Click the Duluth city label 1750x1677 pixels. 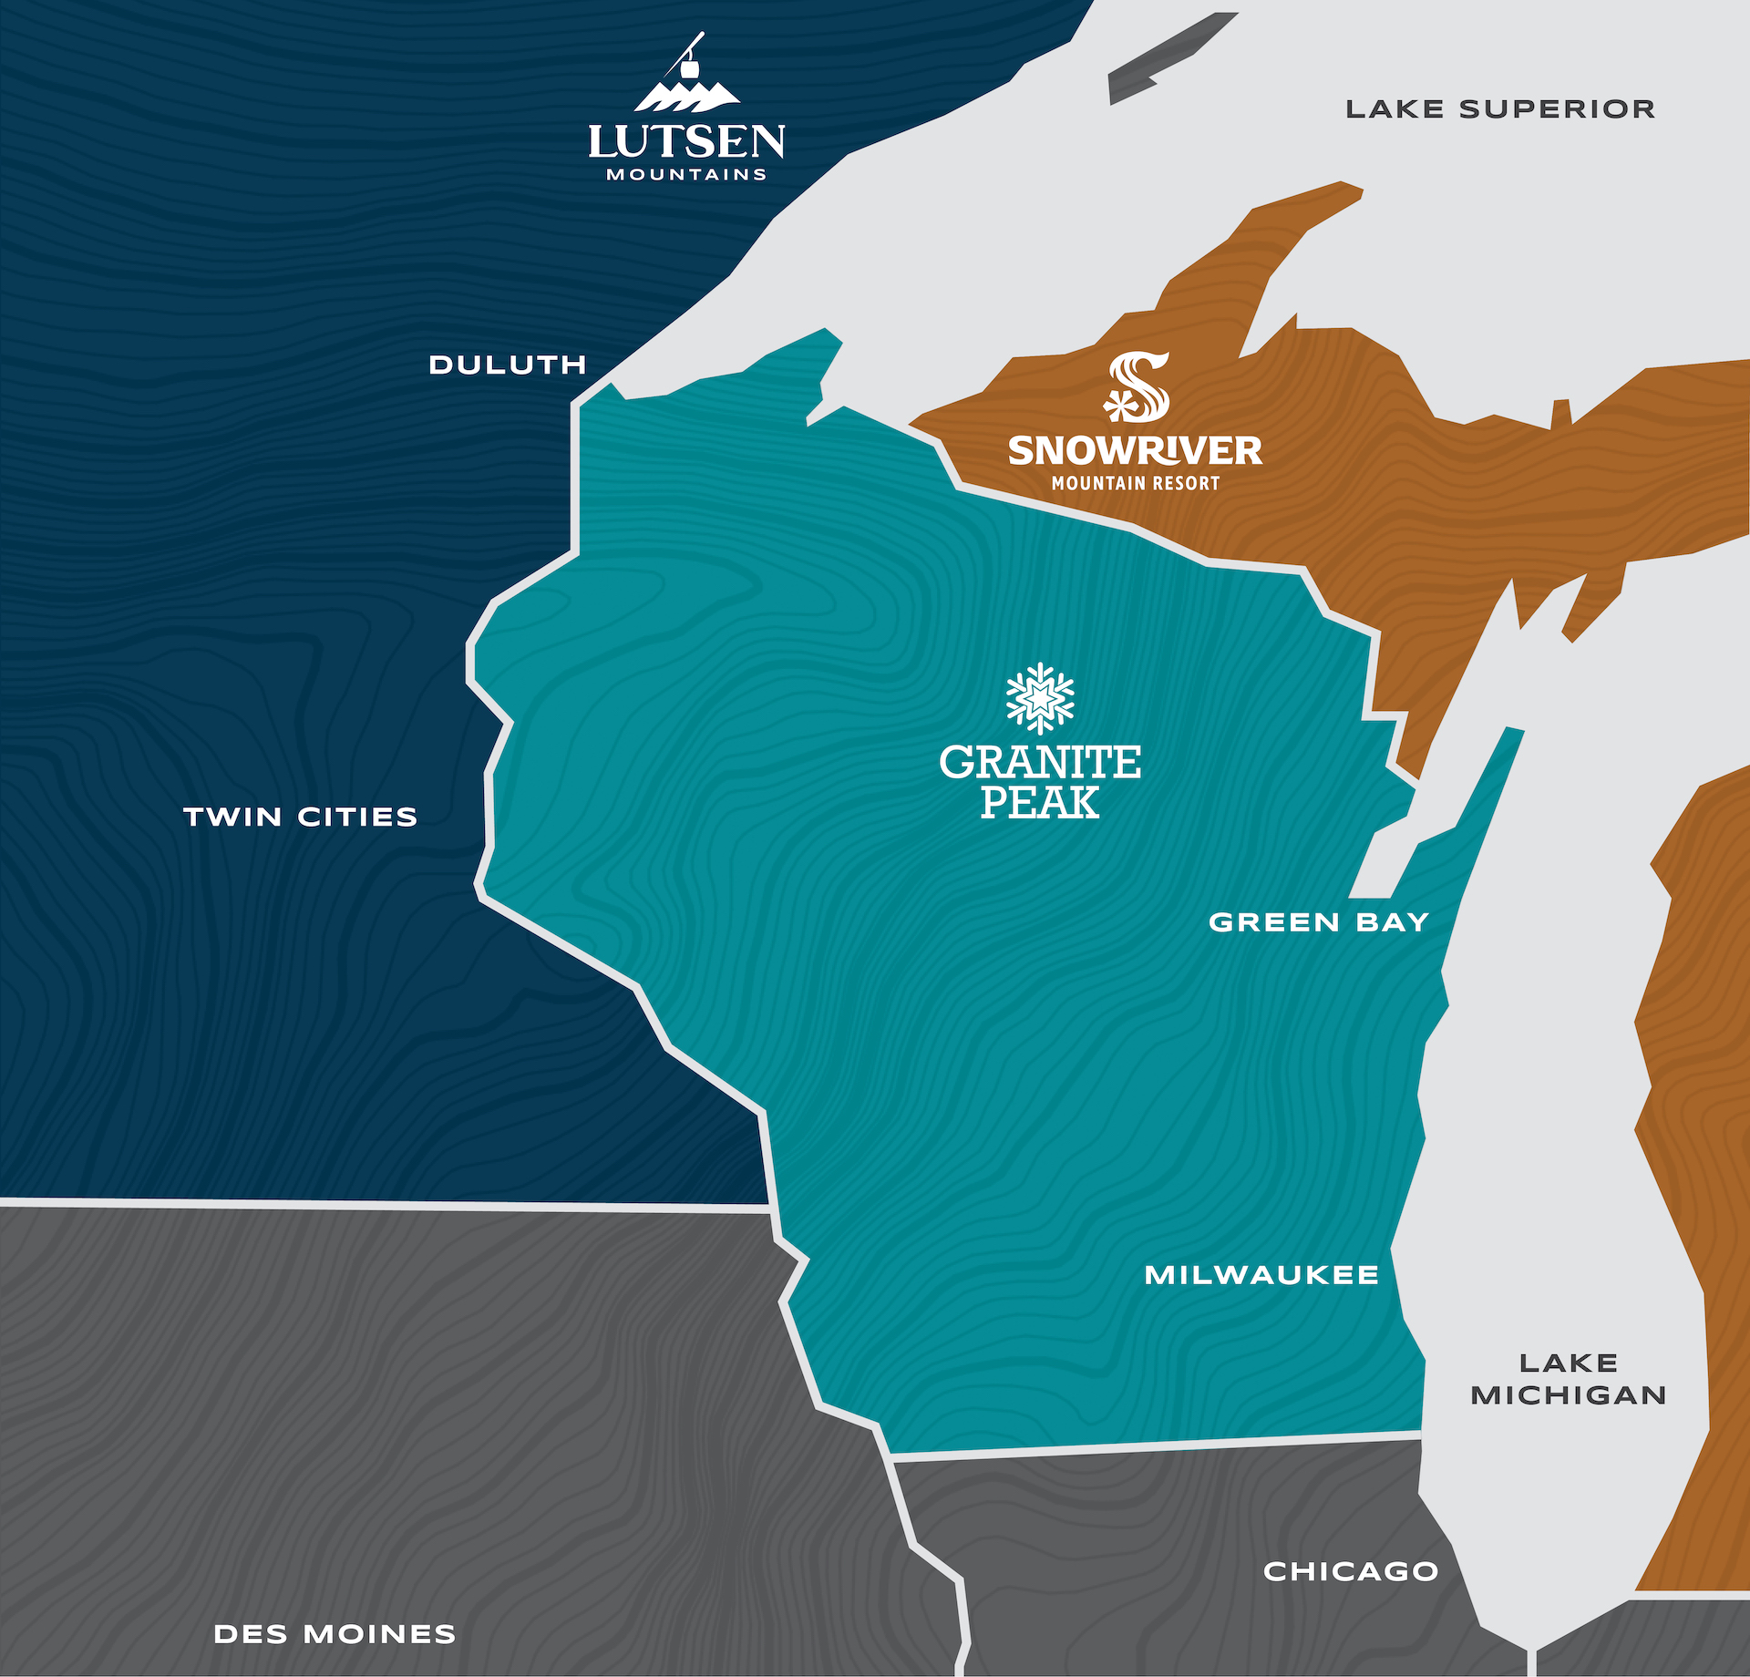pos(508,365)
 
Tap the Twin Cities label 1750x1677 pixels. pos(300,817)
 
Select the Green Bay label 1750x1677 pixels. pos(1318,922)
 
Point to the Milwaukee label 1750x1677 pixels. pos(1261,1274)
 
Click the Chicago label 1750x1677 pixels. pos(1351,1570)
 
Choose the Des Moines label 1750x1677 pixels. pos(335,1633)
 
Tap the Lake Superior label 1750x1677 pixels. pos(1500,109)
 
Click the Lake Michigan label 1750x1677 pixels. pos(1568,1379)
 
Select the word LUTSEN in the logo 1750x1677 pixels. pos(686,142)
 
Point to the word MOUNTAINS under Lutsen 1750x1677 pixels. pos(686,174)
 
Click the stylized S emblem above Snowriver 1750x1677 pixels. pos(1137,387)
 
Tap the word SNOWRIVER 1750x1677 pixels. pos(1135,450)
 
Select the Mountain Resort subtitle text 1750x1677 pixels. pos(1136,483)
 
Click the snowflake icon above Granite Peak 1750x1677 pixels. pos(1040,698)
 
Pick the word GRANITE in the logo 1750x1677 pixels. pos(1040,762)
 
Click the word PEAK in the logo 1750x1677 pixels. pos(1040,803)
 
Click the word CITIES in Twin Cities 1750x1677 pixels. pos(357,817)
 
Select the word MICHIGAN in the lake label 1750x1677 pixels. pos(1568,1395)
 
